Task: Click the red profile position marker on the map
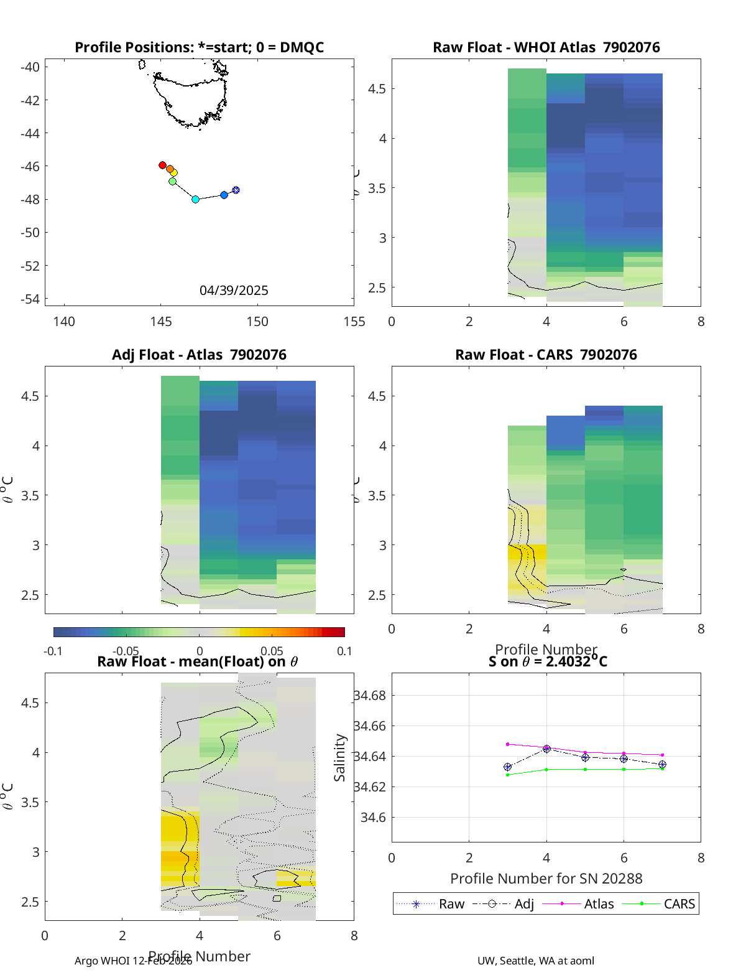(162, 165)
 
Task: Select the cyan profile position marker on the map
(195, 199)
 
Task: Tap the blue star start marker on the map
(236, 190)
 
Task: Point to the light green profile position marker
(172, 181)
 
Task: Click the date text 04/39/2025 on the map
(234, 290)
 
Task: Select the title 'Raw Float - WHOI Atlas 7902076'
(546, 47)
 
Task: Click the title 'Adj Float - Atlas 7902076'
(199, 355)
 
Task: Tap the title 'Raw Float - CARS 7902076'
(546, 355)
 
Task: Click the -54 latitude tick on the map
(30, 299)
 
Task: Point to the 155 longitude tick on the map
(354, 321)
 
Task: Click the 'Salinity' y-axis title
(339, 757)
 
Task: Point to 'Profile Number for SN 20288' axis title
(546, 878)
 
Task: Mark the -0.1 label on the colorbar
(53, 651)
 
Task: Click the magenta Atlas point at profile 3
(508, 744)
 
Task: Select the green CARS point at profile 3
(508, 775)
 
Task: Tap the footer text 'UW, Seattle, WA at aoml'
(535, 960)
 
